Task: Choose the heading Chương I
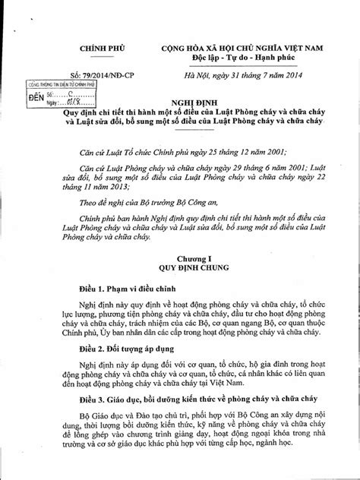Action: point(199,257)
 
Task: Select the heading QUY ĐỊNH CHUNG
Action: point(199,267)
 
